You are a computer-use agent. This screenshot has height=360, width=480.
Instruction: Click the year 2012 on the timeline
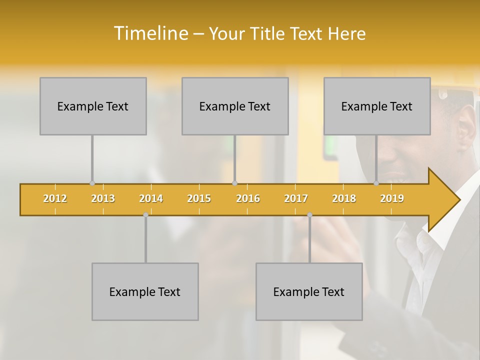55,198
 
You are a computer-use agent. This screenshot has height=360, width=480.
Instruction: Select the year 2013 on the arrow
103,198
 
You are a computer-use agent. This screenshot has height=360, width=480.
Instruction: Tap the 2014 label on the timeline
151,198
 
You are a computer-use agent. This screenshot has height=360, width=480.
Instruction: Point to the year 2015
199,198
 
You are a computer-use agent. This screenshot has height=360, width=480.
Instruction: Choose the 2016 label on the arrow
248,198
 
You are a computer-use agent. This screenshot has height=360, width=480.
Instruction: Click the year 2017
296,198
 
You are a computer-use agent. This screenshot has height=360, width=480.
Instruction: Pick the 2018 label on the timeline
344,198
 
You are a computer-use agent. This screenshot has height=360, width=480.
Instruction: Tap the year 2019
392,198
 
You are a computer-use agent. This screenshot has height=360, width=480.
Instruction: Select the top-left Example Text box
93,106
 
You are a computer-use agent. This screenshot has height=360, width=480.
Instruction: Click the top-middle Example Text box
235,106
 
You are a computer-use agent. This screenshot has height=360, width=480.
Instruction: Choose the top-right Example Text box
377,106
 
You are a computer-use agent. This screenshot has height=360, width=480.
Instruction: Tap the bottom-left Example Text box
145,291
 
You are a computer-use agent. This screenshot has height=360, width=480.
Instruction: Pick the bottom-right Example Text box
309,291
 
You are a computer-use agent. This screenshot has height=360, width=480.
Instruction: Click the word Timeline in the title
150,33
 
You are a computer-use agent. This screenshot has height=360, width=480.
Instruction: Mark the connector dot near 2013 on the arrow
92,183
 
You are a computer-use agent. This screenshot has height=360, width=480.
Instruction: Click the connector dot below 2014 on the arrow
145,215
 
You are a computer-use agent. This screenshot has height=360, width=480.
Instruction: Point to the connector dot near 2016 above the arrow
234,183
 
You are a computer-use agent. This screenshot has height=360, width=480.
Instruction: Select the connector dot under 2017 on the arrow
309,215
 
